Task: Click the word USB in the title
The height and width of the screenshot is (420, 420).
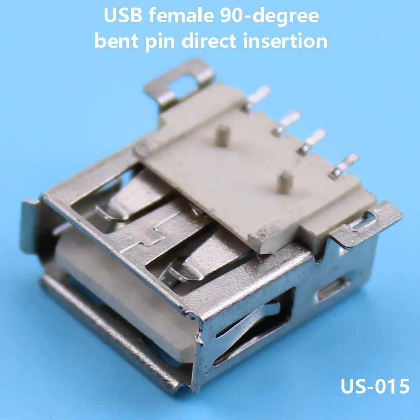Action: pyautogui.click(x=123, y=16)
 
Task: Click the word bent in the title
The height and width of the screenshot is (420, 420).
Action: pyautogui.click(x=116, y=41)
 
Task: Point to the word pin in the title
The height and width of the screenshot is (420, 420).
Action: pyautogui.click(x=160, y=42)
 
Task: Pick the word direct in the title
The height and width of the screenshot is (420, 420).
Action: pyautogui.click(x=209, y=41)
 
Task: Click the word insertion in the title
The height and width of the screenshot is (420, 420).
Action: pyautogui.click(x=285, y=41)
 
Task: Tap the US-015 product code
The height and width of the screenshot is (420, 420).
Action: pyautogui.click(x=375, y=386)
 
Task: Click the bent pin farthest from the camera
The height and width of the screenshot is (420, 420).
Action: pyautogui.click(x=258, y=97)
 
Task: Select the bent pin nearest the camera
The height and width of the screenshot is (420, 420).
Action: pyautogui.click(x=343, y=166)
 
